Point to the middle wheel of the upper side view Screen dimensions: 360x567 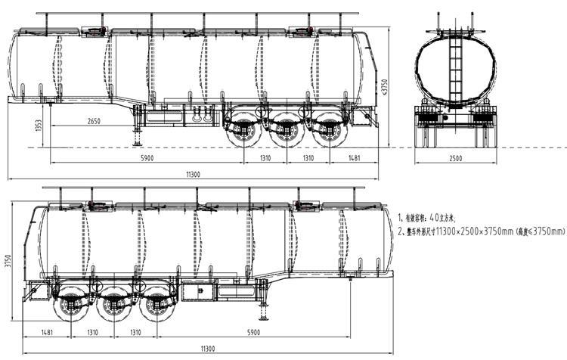[285, 132]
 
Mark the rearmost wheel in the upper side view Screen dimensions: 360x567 [328, 132]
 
